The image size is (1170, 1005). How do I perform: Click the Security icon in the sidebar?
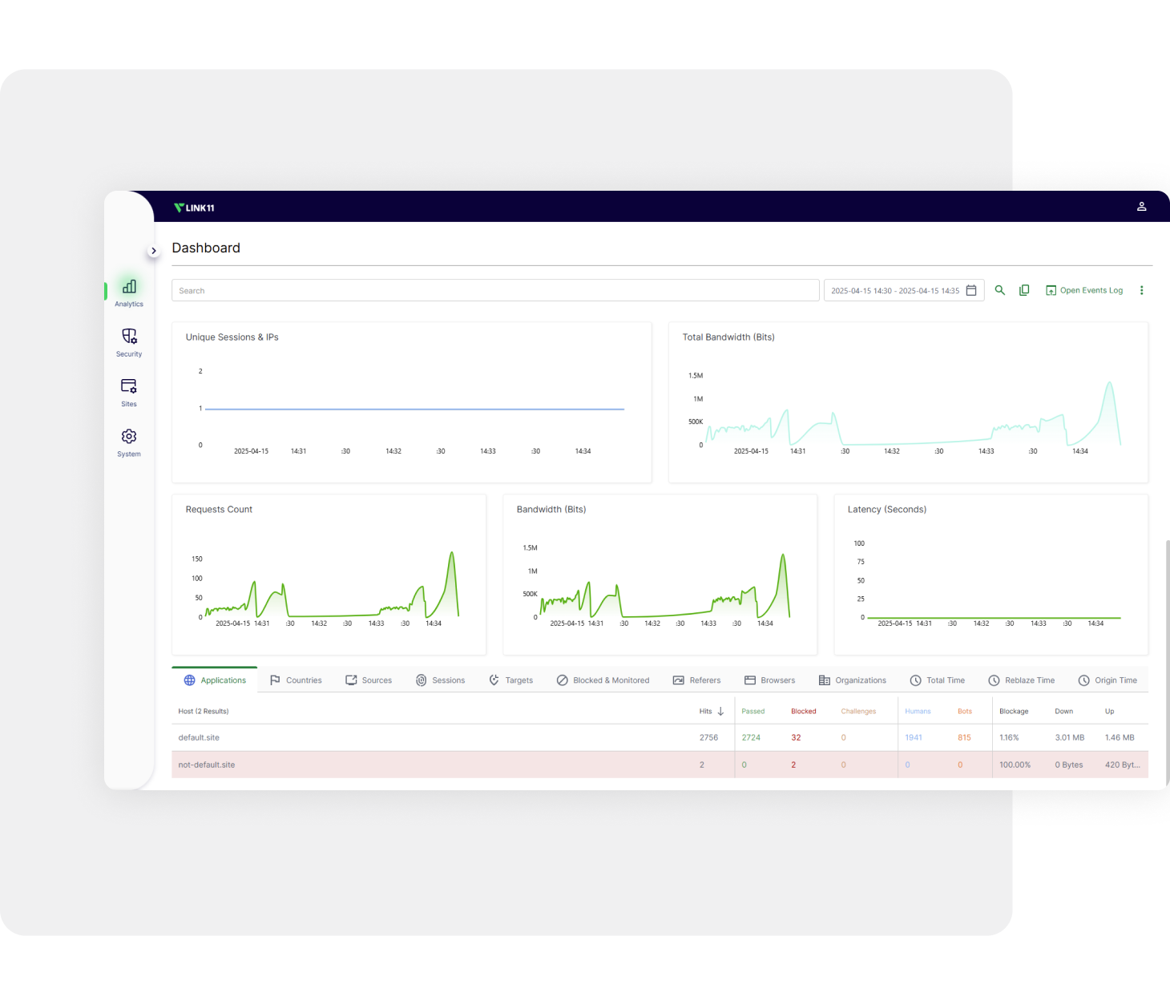129,337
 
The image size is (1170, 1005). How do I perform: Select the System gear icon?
129,437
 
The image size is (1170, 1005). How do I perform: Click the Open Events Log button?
1084,290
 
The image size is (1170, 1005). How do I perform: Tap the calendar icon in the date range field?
971,290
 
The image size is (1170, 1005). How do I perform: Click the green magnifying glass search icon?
1000,290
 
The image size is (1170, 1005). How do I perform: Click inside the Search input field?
495,290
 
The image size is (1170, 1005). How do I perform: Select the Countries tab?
296,680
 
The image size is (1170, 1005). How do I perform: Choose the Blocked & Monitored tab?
603,680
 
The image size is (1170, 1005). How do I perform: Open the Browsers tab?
770,680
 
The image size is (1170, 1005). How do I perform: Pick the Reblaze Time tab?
1022,680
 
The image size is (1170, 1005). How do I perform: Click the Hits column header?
706,712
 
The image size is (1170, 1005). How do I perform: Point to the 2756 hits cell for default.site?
708,737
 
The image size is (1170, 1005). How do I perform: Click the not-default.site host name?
207,765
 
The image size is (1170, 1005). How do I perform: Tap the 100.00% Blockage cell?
1015,765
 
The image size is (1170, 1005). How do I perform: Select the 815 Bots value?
964,737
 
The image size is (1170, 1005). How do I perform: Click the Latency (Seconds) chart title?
887,510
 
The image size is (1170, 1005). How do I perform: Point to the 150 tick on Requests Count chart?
197,559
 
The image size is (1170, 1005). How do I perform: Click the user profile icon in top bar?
1142,207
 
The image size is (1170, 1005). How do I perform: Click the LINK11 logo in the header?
194,208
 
